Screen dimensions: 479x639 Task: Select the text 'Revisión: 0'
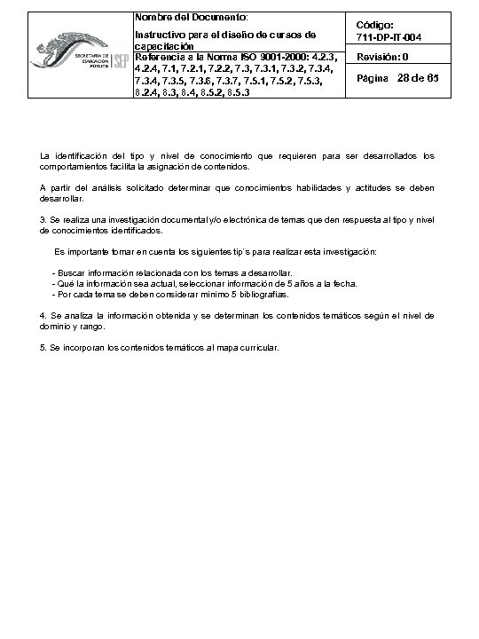coord(382,57)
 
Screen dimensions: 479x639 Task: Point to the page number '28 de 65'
coord(420,79)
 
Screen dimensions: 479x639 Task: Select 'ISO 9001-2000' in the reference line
coord(263,58)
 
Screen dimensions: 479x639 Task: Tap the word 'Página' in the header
coord(373,80)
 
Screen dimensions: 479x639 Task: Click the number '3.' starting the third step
coord(44,218)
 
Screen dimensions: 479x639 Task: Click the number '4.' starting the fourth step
coord(44,315)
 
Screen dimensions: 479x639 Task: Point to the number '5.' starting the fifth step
coord(44,348)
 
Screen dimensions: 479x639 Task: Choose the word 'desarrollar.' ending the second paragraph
coord(62,199)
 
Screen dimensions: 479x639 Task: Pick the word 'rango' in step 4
coord(91,326)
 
